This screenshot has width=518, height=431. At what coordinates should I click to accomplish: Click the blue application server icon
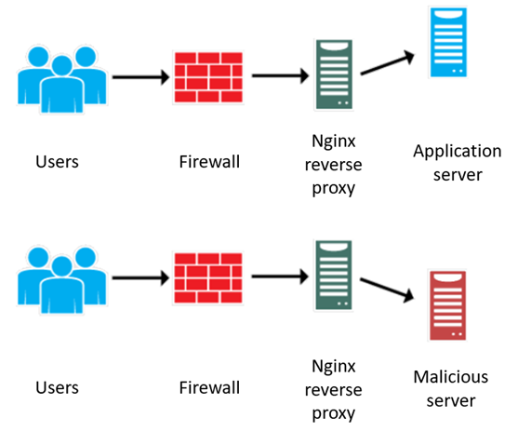point(448,42)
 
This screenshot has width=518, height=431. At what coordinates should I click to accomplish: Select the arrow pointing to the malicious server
point(387,289)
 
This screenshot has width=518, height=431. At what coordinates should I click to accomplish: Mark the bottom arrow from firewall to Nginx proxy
point(279,277)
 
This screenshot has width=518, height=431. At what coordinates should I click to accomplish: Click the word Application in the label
point(458,152)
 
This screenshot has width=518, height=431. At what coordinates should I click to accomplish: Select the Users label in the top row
point(57,162)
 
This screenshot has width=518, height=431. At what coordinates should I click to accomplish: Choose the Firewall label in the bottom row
point(209,386)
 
